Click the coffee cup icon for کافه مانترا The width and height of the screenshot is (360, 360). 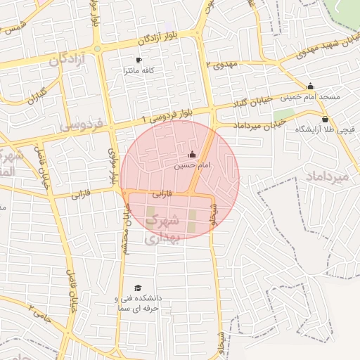[139, 60]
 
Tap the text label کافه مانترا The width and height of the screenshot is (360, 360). [139, 71]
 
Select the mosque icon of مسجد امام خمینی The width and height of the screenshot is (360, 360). [310, 86]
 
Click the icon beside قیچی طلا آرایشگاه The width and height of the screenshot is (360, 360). [325, 120]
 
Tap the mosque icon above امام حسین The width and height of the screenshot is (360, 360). [193, 155]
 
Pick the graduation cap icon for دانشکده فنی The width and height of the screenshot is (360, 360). [139, 288]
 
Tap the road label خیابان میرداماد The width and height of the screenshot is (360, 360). [259, 125]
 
